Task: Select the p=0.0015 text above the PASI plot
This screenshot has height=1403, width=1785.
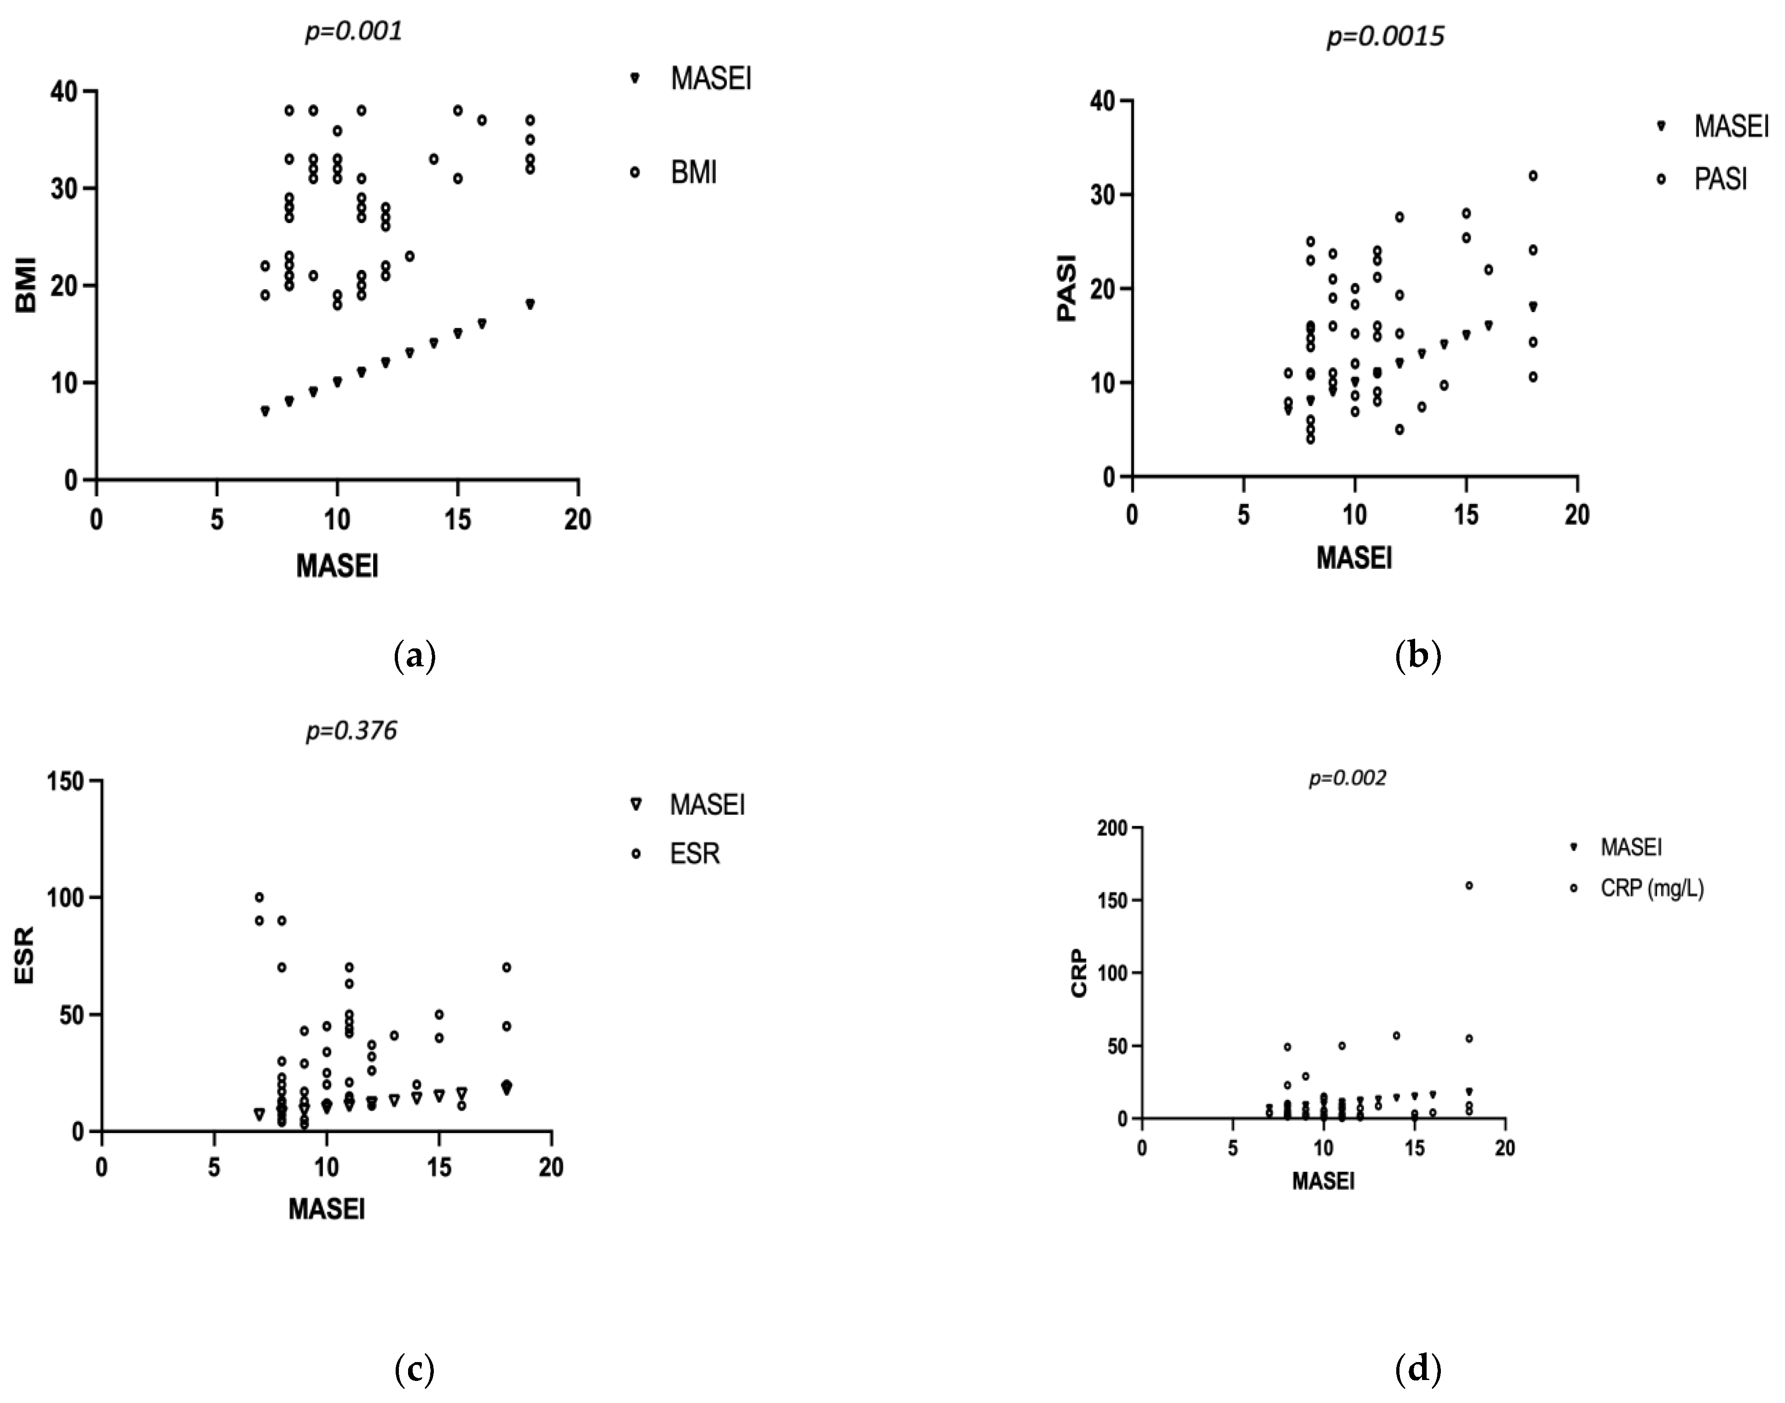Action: (x=1385, y=37)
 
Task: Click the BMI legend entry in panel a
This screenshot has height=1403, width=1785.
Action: (x=693, y=173)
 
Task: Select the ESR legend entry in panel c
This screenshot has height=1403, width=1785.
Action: (x=694, y=854)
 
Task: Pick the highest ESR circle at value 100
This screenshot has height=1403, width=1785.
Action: (x=259, y=897)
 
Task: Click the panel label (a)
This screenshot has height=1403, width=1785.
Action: (x=415, y=657)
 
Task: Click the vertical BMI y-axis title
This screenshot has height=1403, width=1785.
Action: (x=27, y=285)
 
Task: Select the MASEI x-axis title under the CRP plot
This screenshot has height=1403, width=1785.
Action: (x=1323, y=1181)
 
